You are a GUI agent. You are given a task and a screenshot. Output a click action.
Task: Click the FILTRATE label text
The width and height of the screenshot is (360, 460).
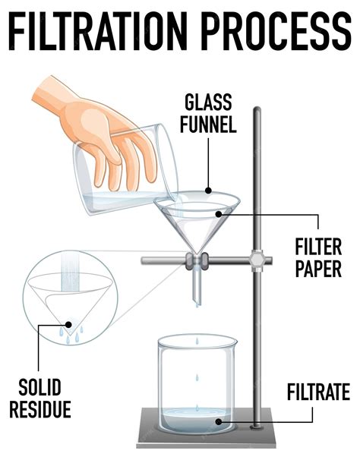point(318,392)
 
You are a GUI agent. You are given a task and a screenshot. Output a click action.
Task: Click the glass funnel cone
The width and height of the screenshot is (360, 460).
point(197,220)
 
